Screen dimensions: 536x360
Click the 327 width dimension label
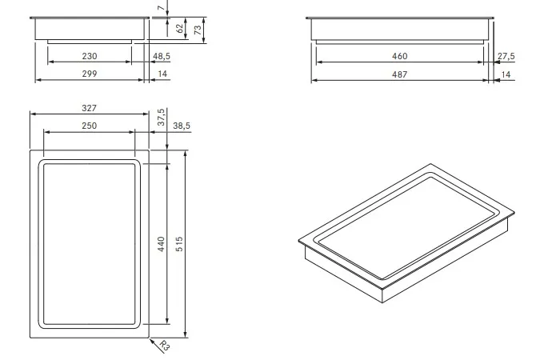pyautogui.click(x=90, y=108)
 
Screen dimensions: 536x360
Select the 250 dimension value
pyautogui.click(x=90, y=126)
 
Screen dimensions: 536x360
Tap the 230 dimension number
pyautogui.click(x=90, y=56)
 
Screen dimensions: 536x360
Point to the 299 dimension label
pyautogui.click(x=90, y=74)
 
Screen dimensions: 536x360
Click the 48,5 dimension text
pyautogui.click(x=162, y=56)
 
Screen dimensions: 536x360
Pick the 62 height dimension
pyautogui.click(x=180, y=29)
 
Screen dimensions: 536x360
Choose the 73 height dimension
pyautogui.click(x=198, y=30)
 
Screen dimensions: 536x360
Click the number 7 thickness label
pyautogui.click(x=162, y=7)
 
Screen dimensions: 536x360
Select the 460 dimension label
pyautogui.click(x=400, y=56)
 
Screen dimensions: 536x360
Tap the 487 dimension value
pyautogui.click(x=400, y=74)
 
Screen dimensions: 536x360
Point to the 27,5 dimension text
pyautogui.click(x=506, y=56)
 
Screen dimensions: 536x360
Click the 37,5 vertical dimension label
pyautogui.click(x=162, y=117)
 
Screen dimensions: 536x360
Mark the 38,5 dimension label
pyautogui.click(x=182, y=126)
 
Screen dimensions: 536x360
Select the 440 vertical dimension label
pyautogui.click(x=162, y=244)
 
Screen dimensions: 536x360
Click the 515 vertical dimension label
pyautogui.click(x=179, y=244)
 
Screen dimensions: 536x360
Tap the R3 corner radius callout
pyautogui.click(x=165, y=346)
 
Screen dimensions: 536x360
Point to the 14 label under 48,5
pyautogui.click(x=162, y=74)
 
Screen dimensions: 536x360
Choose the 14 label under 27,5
pyautogui.click(x=506, y=74)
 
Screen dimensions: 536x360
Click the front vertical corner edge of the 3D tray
pyautogui.click(x=382, y=296)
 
